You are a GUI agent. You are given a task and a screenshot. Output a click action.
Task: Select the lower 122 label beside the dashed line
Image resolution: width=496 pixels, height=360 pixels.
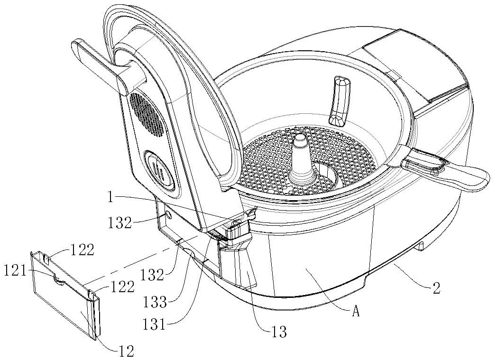coord(122,286)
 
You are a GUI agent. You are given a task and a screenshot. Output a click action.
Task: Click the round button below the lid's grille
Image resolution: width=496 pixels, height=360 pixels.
coord(159,169)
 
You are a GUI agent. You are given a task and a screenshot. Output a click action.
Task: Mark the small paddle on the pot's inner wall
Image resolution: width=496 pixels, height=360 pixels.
coord(340,99)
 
